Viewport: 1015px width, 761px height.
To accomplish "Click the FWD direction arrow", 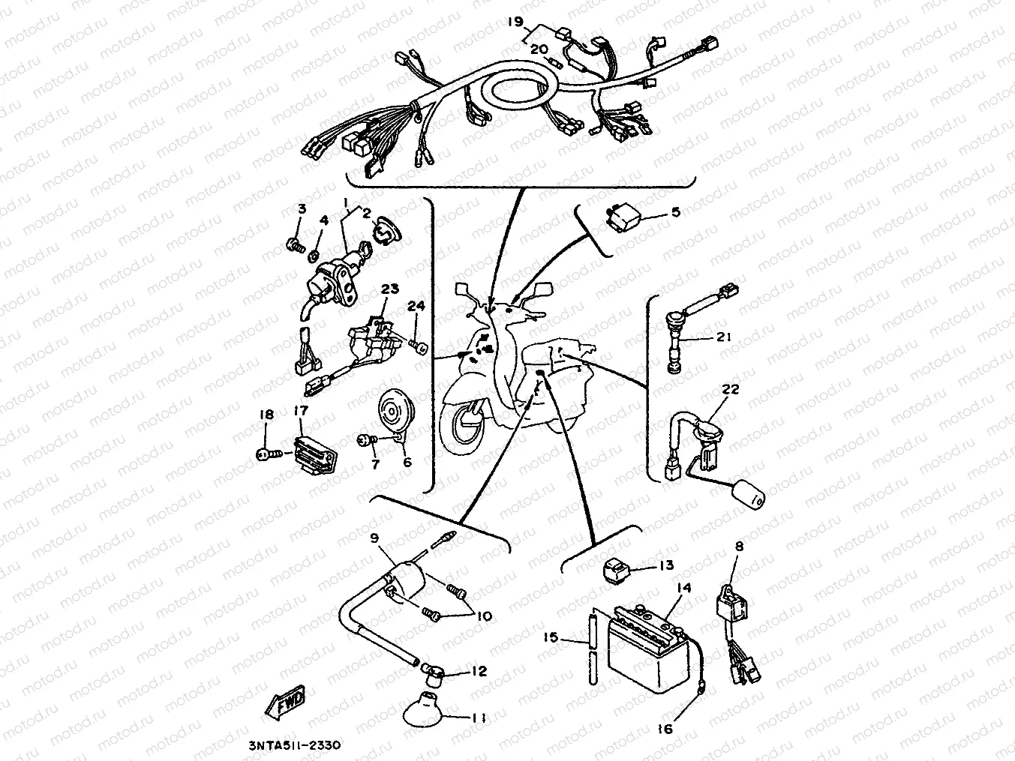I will coord(284,706).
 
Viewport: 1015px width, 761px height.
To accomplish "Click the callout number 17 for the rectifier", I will coord(301,410).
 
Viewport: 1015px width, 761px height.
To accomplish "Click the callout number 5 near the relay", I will coord(675,213).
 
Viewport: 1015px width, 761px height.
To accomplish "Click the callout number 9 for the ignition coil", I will coord(374,538).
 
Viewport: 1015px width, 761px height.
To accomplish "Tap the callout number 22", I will coord(730,389).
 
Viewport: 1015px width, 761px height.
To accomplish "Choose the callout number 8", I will coord(738,547).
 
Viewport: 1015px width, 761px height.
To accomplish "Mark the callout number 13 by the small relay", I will coord(666,565).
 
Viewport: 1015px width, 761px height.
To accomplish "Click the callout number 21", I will coord(722,337).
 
